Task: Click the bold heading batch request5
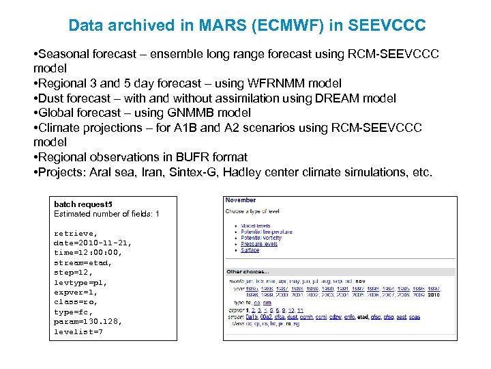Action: click(83, 204)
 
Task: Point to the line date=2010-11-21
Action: click(93, 243)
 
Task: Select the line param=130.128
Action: click(88, 322)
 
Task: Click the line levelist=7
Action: click(78, 332)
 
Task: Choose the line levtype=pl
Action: click(80, 282)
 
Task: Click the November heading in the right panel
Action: click(241, 200)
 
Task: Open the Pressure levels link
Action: click(259, 244)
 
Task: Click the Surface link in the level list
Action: click(250, 250)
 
